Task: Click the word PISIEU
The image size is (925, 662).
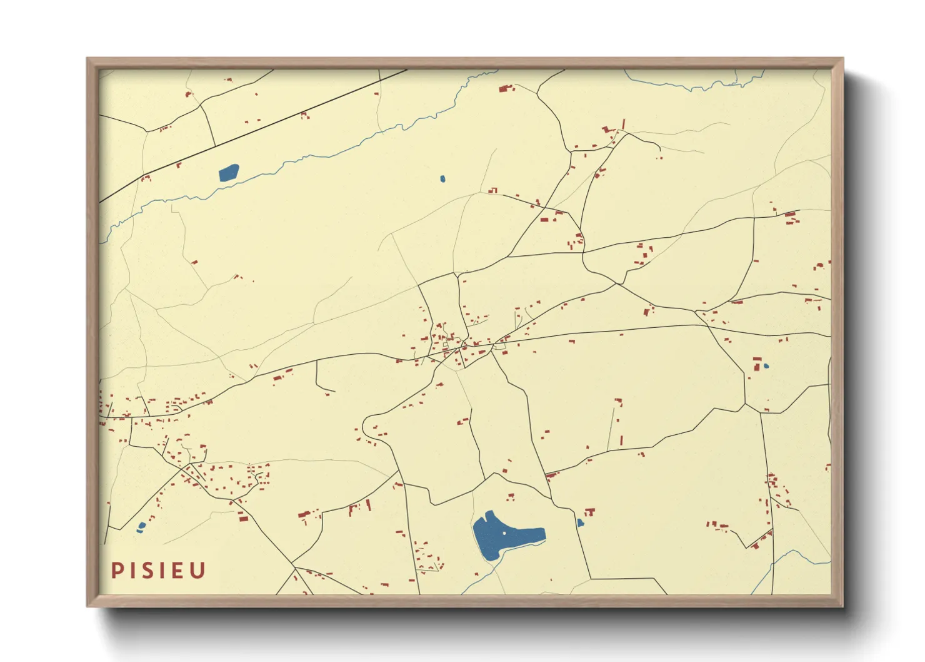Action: pyautogui.click(x=159, y=571)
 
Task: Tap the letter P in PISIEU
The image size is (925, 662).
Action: pyautogui.click(x=116, y=571)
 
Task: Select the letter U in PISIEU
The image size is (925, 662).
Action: pyautogui.click(x=198, y=571)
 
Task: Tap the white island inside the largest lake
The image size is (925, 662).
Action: pyautogui.click(x=504, y=533)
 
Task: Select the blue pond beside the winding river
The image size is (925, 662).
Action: pyautogui.click(x=228, y=172)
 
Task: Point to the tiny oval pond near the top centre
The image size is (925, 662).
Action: pyautogui.click(x=442, y=179)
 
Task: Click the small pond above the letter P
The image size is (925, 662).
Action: pyautogui.click(x=141, y=527)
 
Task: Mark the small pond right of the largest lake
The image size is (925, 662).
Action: pyautogui.click(x=580, y=522)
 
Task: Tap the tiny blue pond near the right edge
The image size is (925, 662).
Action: pyautogui.click(x=766, y=366)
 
